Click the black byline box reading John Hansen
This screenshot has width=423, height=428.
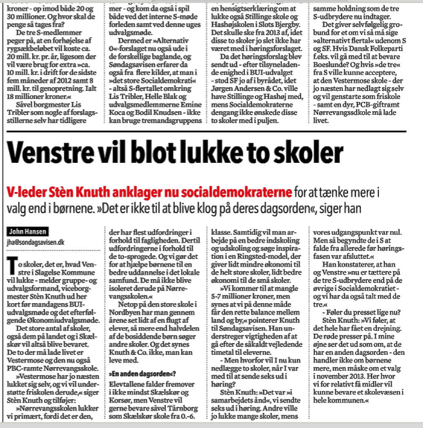click(x=27, y=231)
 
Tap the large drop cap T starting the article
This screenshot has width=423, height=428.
click(x=13, y=263)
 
